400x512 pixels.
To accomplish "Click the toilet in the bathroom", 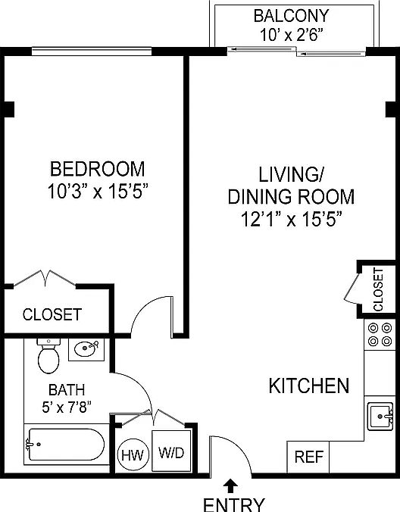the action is click(48, 357).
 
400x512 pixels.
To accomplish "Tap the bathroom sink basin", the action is click(86, 348).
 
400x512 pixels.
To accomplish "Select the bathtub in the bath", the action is click(66, 445).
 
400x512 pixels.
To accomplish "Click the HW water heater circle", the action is click(133, 454).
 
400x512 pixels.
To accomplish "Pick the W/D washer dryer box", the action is click(171, 451).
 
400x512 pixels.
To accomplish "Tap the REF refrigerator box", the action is click(308, 457).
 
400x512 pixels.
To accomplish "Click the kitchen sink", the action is click(380, 417).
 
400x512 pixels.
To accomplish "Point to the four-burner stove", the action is click(380, 334).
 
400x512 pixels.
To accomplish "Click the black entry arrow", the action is click(230, 485).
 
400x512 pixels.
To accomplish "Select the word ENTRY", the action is click(234, 504).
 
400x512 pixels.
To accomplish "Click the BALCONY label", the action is click(291, 16).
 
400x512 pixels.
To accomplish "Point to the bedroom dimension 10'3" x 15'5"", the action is click(98, 191).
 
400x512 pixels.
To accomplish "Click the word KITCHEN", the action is click(309, 386).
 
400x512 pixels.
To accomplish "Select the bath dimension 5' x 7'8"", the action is click(66, 407).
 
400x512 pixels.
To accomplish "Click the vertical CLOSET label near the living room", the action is click(378, 289).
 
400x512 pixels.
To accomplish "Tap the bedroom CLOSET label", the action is click(52, 314).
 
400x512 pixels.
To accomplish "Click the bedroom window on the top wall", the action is click(92, 52).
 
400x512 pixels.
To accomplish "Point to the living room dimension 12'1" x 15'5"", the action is click(291, 219).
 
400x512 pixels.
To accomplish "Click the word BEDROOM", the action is click(97, 169).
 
